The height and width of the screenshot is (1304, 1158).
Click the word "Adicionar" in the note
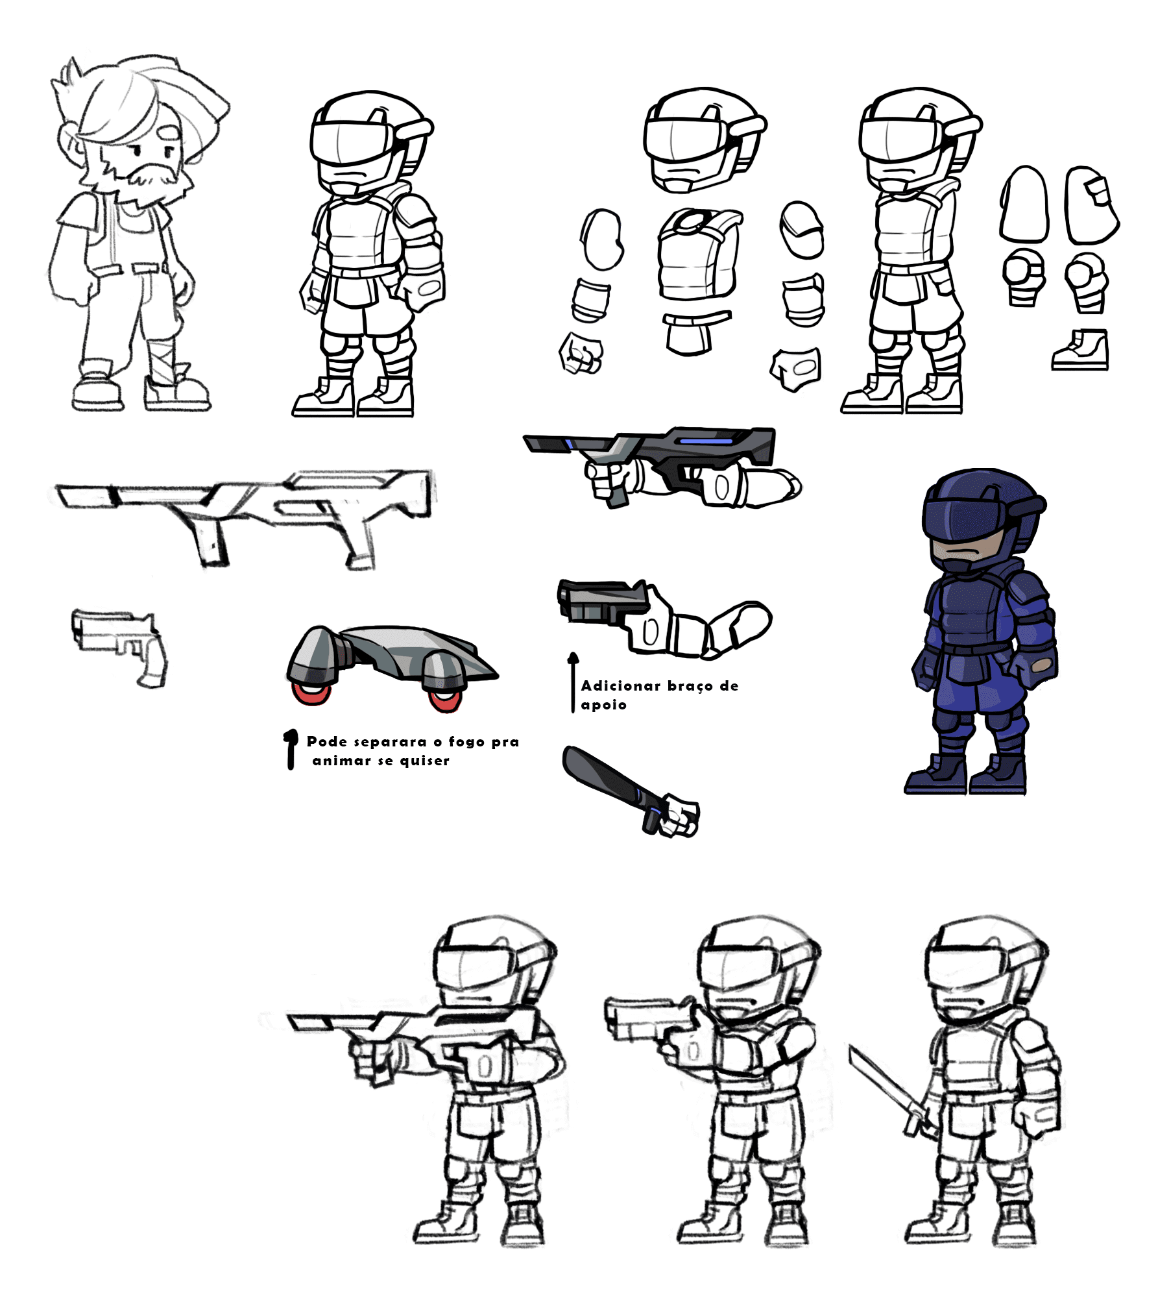(620, 685)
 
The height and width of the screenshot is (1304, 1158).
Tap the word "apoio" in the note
(603, 706)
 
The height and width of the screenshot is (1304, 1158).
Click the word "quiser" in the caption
(424, 761)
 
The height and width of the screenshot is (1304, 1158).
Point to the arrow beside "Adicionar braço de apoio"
(573, 683)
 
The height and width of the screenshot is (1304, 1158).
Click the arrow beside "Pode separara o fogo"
(291, 749)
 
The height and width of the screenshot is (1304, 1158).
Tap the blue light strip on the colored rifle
(706, 441)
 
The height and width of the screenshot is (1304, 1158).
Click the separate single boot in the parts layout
(1080, 350)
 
